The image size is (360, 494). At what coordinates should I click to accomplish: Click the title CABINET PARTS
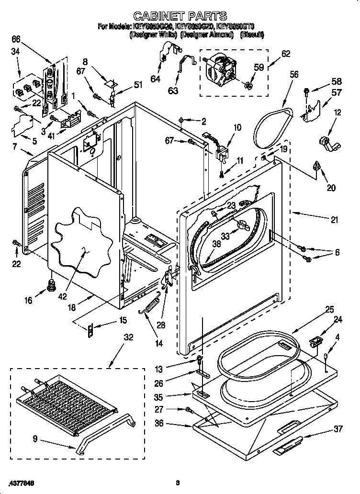click(x=180, y=16)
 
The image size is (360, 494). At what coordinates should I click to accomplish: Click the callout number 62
click(x=285, y=54)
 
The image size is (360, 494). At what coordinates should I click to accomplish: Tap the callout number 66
click(x=16, y=39)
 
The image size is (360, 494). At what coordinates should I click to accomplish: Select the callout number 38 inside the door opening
click(x=216, y=244)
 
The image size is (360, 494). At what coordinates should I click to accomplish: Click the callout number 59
click(x=259, y=68)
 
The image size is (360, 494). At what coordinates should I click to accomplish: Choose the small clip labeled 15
click(x=91, y=330)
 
